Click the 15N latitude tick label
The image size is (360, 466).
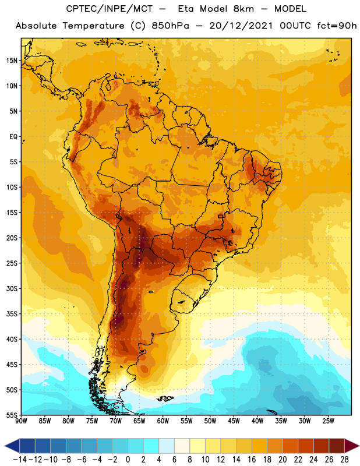click(x=12, y=61)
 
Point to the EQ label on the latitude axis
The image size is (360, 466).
click(x=13, y=137)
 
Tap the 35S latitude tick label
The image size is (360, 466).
click(x=12, y=314)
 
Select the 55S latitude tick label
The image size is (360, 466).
click(x=12, y=415)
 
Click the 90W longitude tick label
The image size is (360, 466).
click(x=21, y=421)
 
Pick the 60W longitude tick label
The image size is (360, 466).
click(x=163, y=421)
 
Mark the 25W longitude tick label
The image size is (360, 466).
click(x=328, y=421)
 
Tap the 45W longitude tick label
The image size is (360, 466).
click(x=234, y=421)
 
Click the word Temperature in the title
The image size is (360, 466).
click(x=93, y=26)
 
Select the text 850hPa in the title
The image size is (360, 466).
click(x=170, y=26)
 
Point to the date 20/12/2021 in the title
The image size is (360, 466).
click(x=241, y=26)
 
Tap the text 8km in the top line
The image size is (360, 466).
click(x=243, y=9)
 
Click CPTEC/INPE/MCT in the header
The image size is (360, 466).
click(x=110, y=9)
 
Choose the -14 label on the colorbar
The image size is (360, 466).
click(x=20, y=460)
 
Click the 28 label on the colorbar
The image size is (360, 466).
click(x=344, y=460)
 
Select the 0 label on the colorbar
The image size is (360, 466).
click(x=128, y=460)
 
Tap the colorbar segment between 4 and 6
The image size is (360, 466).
click(x=167, y=446)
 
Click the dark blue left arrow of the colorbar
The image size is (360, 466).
click(x=12, y=446)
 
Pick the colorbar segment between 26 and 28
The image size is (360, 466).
click(x=337, y=446)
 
